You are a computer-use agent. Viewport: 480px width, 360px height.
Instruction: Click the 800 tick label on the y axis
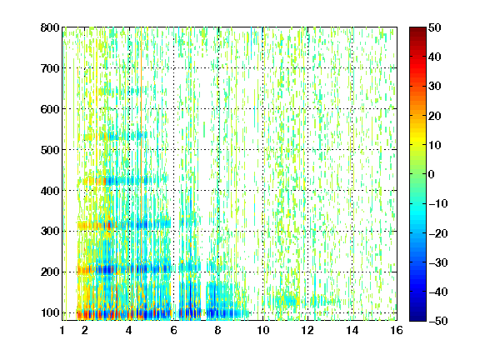(50, 27)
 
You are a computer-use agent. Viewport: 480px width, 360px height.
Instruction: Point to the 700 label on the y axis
(50, 68)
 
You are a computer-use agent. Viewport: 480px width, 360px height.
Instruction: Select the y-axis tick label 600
(50, 109)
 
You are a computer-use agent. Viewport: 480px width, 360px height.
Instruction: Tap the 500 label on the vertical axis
(50, 150)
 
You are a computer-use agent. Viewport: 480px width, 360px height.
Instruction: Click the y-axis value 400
(50, 191)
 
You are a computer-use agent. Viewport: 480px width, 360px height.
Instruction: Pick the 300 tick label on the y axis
(50, 231)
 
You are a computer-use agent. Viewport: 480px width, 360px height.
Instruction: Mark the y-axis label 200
(50, 272)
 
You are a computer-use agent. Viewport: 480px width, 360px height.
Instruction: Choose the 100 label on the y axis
(50, 312)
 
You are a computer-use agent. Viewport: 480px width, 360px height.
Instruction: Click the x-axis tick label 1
(62, 330)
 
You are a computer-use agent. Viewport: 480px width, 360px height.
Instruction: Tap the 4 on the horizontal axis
(129, 330)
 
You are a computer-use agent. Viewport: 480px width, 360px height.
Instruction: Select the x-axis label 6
(173, 330)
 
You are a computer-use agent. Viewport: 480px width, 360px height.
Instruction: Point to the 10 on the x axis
(262, 330)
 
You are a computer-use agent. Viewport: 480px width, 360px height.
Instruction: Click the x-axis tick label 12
(307, 330)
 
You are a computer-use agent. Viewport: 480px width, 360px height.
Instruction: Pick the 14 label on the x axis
(352, 330)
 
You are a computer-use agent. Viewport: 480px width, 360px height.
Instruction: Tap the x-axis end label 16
(397, 330)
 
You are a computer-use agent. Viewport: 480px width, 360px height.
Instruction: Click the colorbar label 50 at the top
(435, 27)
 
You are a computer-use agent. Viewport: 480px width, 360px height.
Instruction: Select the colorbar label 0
(432, 174)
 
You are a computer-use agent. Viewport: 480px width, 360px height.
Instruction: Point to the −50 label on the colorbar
(438, 321)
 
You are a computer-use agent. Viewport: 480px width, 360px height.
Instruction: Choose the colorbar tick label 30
(435, 87)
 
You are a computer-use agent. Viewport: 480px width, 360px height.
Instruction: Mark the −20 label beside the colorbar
(438, 233)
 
